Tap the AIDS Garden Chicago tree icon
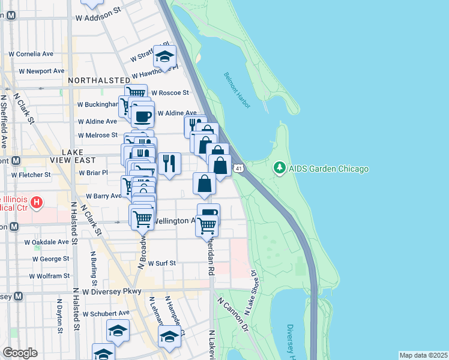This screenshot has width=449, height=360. [x=279, y=169]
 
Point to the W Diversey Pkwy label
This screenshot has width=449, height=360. [x=112, y=292]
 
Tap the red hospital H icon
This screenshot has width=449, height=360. [x=37, y=203]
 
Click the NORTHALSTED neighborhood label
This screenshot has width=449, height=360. [x=99, y=80]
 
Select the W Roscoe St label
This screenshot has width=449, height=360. [x=170, y=93]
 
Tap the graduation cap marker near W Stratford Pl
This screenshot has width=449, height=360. [x=164, y=56]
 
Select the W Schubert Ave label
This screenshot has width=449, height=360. [x=106, y=313]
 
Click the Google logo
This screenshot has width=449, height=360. [x=20, y=353]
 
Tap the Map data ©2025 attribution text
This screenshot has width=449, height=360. [x=423, y=355]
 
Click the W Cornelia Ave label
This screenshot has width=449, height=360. [x=31, y=53]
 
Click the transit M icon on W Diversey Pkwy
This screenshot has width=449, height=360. [x=18, y=296]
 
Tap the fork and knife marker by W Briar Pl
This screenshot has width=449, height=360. [x=170, y=162]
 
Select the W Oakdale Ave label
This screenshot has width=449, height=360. [x=46, y=242]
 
